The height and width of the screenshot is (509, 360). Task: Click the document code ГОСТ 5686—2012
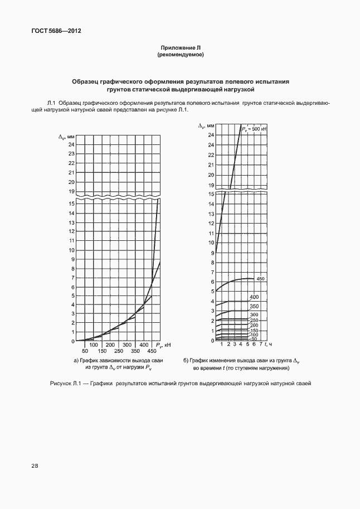pos(53,31)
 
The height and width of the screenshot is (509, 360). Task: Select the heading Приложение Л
pos(180,49)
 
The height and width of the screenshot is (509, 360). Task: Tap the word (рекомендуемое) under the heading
pos(180,55)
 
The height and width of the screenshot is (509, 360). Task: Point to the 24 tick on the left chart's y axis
pos(71,145)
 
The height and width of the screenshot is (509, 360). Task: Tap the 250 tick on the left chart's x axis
pos(119,351)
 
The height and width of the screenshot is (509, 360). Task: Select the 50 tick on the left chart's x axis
pos(85,351)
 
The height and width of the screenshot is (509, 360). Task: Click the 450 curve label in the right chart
pos(260,278)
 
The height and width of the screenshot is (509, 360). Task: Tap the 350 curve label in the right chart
pos(254,306)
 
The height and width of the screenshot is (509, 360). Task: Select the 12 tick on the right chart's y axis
pos(211,223)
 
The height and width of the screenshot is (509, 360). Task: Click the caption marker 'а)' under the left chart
pos(77,361)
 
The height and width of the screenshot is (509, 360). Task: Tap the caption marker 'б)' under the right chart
pos(186,361)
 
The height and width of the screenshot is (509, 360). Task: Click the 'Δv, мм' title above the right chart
pos(206,127)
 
